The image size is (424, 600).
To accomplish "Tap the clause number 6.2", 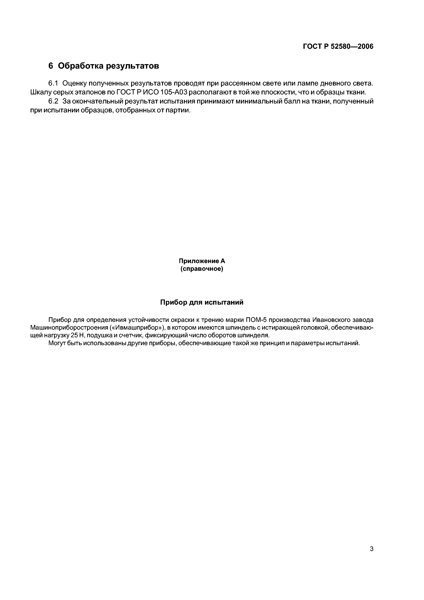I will (x=53, y=101).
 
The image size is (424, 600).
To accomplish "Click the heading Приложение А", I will (x=202, y=261).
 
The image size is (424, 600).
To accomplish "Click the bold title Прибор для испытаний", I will (x=202, y=302).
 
